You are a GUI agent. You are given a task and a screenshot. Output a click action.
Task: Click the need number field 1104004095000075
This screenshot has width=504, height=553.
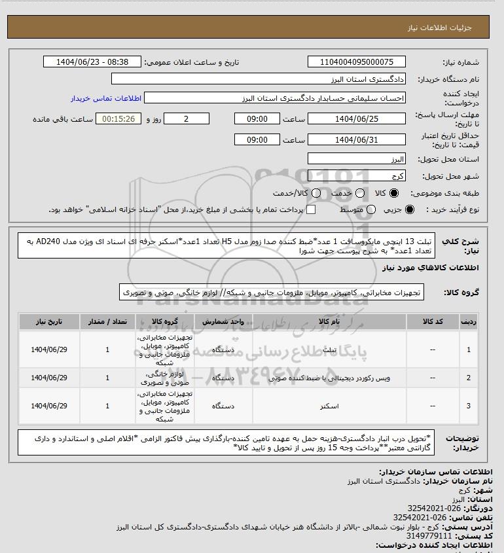(x=356, y=62)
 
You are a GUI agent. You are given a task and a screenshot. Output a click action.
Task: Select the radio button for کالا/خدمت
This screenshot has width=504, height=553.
(x=317, y=194)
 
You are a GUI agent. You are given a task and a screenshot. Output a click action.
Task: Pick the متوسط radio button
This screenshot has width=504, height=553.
(x=371, y=209)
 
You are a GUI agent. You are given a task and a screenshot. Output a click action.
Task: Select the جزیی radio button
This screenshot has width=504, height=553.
(x=410, y=209)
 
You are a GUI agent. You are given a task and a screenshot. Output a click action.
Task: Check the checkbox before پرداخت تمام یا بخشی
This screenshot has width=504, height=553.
(x=311, y=209)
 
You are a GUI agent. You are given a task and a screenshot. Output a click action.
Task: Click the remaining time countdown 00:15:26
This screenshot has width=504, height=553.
(x=118, y=119)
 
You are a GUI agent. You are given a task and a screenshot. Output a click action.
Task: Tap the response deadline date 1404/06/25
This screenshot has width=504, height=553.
(x=356, y=119)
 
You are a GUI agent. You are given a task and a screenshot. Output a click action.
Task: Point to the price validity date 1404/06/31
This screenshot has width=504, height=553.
(x=356, y=140)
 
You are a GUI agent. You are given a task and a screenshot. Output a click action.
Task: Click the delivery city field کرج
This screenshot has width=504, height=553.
(x=356, y=176)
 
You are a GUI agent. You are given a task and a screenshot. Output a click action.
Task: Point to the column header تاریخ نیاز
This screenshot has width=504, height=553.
(x=49, y=323)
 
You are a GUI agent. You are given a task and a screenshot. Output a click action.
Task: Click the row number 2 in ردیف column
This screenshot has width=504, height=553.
(x=468, y=378)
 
